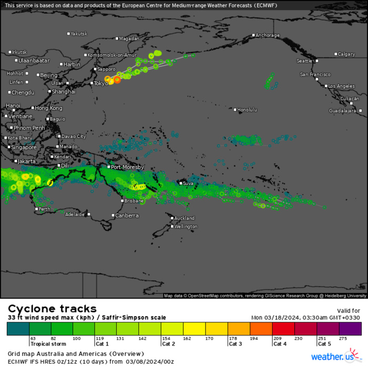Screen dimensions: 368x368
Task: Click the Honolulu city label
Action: tap(247, 109)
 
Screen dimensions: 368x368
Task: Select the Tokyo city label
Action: tap(101, 83)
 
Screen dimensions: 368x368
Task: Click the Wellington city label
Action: tap(186, 227)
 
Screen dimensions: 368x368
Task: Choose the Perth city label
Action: tap(45, 209)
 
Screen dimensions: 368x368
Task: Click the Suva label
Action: tap(188, 183)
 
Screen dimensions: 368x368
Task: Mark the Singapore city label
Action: tap(24, 147)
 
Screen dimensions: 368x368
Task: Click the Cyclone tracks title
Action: tap(52, 309)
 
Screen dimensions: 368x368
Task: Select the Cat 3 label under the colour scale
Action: tap(236, 344)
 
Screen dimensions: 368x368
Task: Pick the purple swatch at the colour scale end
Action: tap(350, 329)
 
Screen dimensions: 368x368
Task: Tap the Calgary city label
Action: tap(347, 54)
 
